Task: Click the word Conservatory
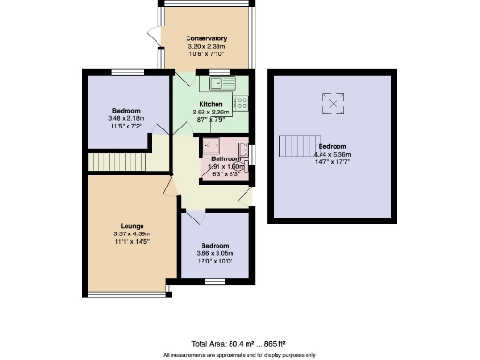pos(207,38)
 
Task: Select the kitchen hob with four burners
pos(241,103)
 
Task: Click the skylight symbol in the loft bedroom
pos(331,100)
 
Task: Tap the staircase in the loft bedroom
pos(298,146)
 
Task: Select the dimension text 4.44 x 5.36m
pos(332,155)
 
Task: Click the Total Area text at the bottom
pos(239,344)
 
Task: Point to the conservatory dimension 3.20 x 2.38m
pos(207,46)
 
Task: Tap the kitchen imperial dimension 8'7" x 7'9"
pos(212,119)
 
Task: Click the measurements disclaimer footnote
pos(239,354)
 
